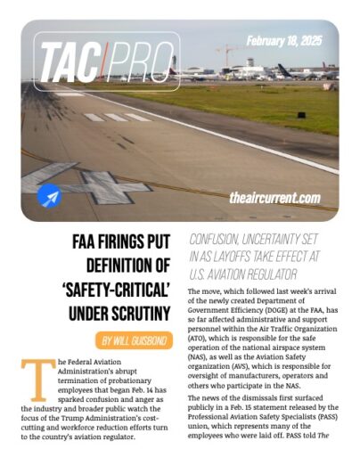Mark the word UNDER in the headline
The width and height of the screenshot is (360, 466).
click(x=63, y=312)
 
